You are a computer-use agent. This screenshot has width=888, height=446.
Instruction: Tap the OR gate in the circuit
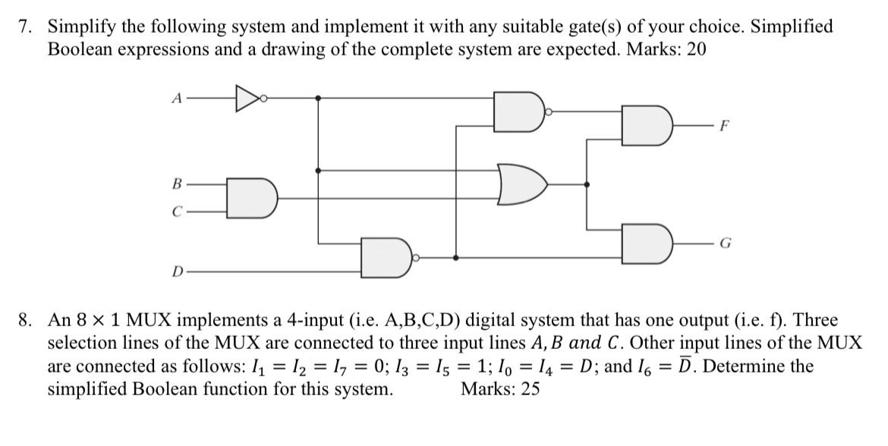point(524,184)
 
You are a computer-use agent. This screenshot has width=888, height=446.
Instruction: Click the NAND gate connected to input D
point(386,258)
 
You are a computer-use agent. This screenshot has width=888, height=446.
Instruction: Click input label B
point(178,184)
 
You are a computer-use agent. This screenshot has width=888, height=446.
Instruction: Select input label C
point(178,213)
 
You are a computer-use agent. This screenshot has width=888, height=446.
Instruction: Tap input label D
point(177,271)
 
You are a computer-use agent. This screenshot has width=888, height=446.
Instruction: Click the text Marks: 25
point(500,391)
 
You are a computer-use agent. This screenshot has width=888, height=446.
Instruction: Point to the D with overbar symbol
point(686,366)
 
